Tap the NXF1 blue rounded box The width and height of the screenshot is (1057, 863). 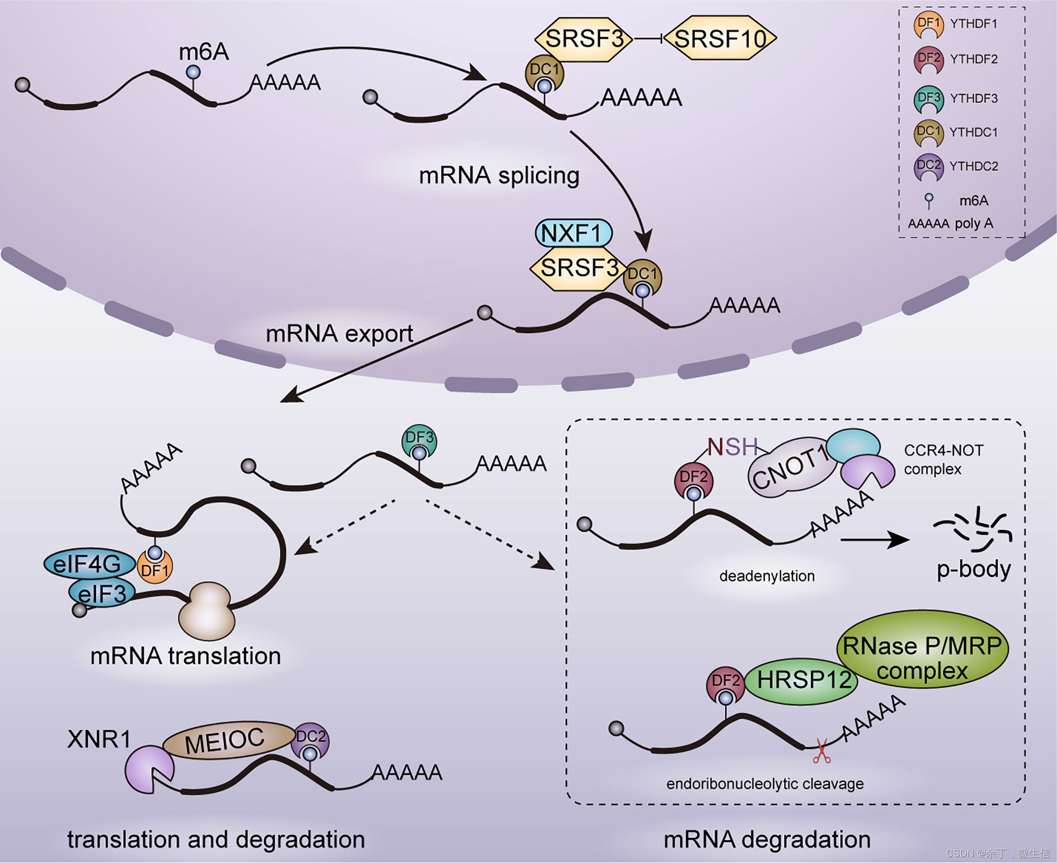573,233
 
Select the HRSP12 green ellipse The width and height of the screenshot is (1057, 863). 804,680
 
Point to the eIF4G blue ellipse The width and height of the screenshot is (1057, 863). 89,564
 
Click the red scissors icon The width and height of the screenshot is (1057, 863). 821,751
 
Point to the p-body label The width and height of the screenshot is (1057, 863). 973,569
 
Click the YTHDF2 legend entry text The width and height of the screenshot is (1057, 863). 973,59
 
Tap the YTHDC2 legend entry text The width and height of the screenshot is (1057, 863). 973,166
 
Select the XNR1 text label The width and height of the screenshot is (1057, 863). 98,739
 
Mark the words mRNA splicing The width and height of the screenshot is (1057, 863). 499,175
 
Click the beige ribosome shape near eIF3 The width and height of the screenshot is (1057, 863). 207,611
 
